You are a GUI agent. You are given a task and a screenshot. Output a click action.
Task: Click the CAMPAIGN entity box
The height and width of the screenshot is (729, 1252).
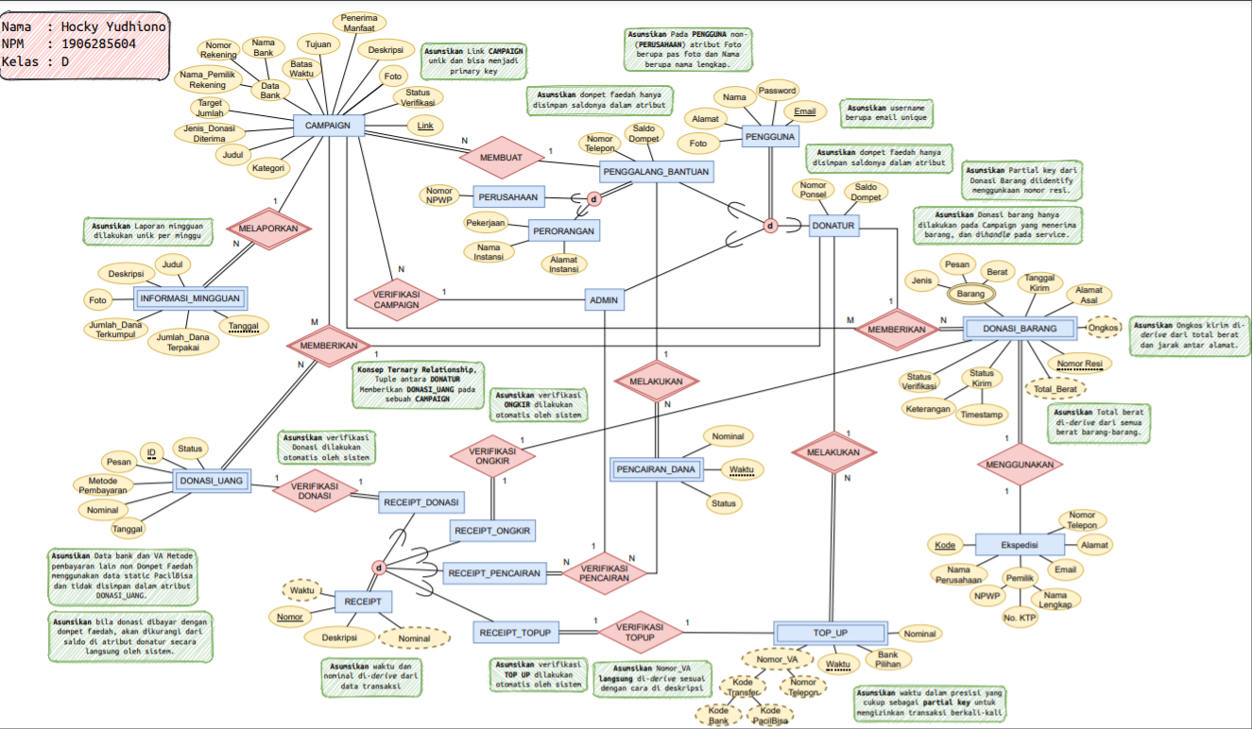click(328, 126)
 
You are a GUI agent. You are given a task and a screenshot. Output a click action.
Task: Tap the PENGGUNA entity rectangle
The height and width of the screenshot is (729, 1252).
click(770, 137)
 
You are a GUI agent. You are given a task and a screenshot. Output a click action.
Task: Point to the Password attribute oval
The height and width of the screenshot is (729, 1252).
click(779, 92)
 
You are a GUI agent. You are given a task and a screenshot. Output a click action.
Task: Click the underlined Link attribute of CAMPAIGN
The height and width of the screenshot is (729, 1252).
click(425, 126)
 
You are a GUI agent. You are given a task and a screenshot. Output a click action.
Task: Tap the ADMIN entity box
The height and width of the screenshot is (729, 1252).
click(604, 300)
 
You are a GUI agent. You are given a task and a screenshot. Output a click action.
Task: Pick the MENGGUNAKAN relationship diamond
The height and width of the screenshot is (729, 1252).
click(1020, 466)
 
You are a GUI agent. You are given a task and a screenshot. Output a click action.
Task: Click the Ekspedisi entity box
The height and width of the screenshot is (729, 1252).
click(1019, 546)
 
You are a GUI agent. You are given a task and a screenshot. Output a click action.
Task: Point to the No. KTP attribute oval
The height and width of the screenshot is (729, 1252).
click(1020, 618)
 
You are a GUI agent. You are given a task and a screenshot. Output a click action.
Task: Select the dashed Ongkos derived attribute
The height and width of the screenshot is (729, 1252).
click(1104, 328)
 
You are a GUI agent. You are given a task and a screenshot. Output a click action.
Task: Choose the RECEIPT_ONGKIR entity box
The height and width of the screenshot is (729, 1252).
click(493, 532)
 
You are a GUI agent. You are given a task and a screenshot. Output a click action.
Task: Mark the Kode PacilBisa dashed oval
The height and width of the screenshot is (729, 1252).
click(770, 716)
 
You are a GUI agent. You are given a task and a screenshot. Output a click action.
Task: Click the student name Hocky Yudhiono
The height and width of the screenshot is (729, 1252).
click(113, 26)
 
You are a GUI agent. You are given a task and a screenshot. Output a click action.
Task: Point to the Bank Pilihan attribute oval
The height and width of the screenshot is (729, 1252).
click(887, 659)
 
